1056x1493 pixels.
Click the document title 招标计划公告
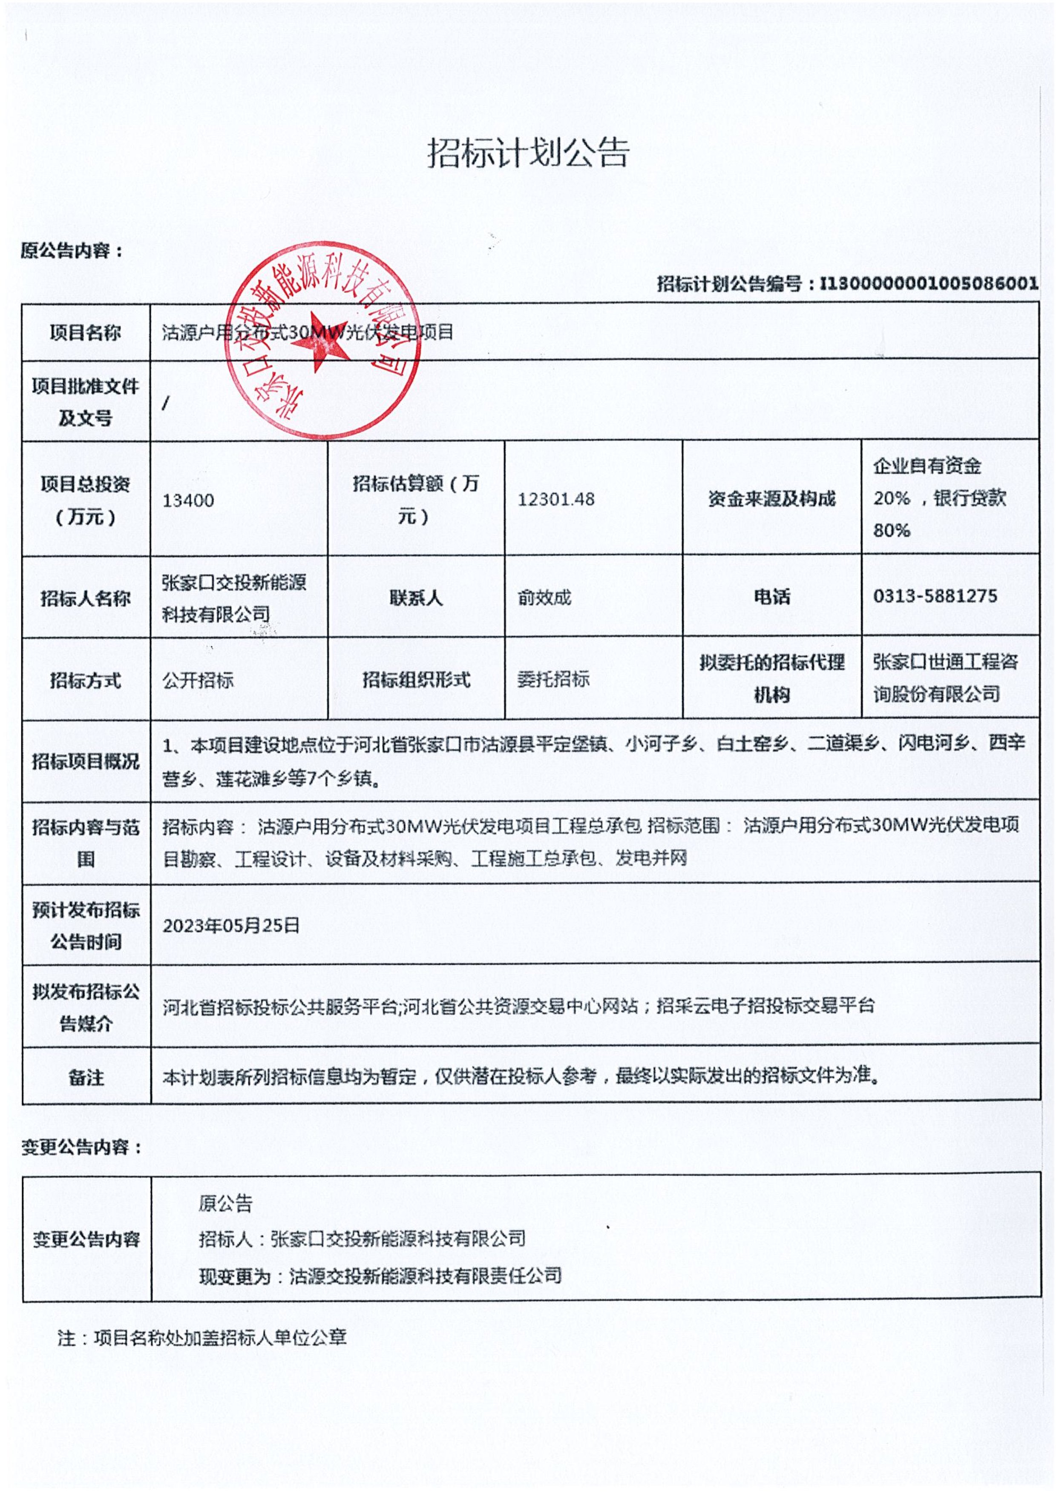click(528, 154)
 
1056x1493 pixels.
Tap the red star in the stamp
click(320, 341)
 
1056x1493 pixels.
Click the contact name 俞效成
click(544, 597)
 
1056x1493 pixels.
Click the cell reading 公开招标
click(198, 680)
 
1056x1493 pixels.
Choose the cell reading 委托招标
click(553, 679)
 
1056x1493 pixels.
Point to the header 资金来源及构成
click(772, 499)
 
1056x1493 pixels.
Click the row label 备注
click(86, 1077)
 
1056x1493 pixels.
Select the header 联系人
click(416, 597)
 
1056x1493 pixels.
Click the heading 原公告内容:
click(72, 250)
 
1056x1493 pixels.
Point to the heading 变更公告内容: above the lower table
click(81, 1147)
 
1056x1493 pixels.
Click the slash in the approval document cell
click(166, 403)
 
